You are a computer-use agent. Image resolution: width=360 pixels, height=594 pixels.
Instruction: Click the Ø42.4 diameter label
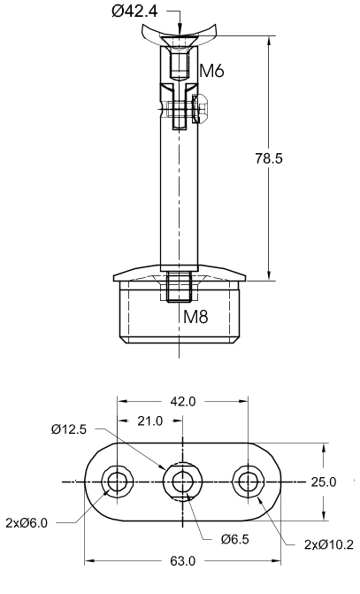click(x=134, y=12)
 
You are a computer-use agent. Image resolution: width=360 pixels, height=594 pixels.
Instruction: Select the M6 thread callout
click(x=211, y=71)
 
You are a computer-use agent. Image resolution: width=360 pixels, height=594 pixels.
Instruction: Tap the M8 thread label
click(x=196, y=316)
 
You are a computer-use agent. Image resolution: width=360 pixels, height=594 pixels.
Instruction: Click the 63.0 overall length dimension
click(x=183, y=561)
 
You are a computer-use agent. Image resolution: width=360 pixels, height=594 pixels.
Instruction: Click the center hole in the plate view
click(x=183, y=482)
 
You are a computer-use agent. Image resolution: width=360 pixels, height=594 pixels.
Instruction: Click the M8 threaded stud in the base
click(x=179, y=287)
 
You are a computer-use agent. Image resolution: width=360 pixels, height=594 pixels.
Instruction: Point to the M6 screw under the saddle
click(x=178, y=62)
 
